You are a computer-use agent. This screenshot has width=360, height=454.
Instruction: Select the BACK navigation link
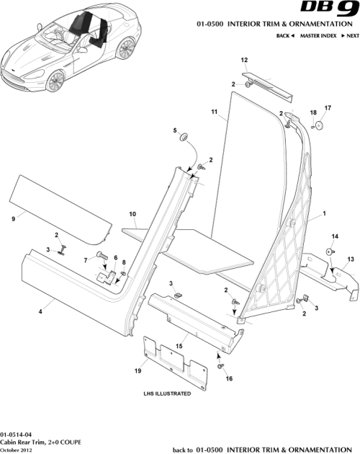click(284, 35)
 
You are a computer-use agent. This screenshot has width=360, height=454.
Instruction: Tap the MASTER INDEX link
click(318, 35)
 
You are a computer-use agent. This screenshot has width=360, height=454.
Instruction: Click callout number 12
click(244, 60)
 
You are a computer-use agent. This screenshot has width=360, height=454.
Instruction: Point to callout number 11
click(214, 113)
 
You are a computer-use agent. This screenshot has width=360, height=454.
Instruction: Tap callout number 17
click(328, 108)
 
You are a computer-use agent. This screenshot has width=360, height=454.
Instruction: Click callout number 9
click(13, 217)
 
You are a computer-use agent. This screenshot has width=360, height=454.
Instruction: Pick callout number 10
click(132, 214)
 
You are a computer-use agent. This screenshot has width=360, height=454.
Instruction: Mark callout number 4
click(41, 310)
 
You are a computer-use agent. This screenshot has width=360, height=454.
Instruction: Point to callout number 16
click(230, 377)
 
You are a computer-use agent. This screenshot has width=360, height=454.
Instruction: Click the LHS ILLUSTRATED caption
click(167, 394)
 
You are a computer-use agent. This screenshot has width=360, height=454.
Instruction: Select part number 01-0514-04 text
click(17, 434)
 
